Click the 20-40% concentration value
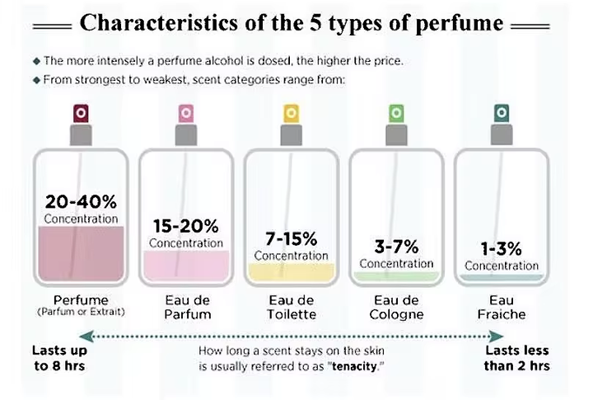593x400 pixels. coord(81,202)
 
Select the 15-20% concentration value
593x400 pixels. coord(186,225)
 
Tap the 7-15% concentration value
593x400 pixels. coord(291,239)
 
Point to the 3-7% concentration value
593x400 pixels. coord(396,247)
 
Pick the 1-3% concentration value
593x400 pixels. coord(501,248)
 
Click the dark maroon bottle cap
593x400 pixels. coord(80,112)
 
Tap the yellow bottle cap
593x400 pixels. coord(291,112)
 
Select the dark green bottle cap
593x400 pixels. coord(502,112)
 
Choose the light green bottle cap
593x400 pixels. coord(396,112)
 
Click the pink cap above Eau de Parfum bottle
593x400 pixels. coord(185,112)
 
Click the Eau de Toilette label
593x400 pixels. coord(291,307)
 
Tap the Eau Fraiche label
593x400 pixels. coord(501,307)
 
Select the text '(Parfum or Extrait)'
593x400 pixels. coord(80,312)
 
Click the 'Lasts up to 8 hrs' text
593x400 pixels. coord(58,358)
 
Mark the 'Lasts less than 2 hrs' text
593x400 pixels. coord(516,358)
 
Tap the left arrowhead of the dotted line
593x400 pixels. coord(91,336)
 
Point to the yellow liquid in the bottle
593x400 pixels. coord(291,271)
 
